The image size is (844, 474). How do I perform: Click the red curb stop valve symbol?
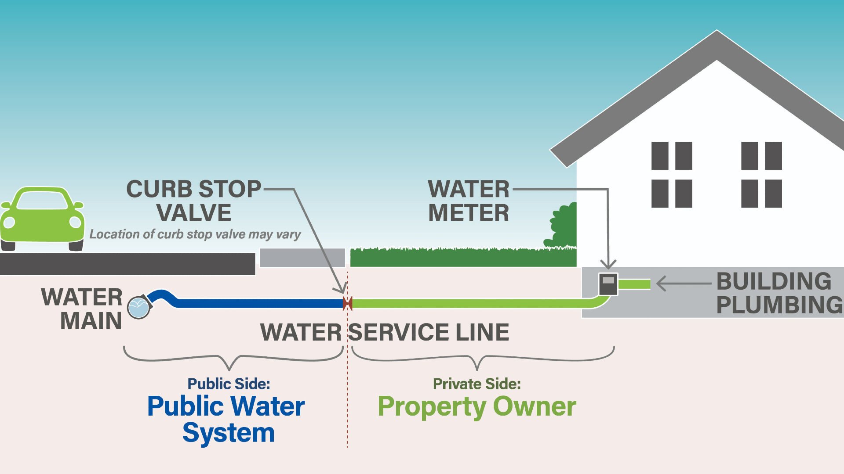pos(347,303)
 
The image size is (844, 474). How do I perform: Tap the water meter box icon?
pos(608,284)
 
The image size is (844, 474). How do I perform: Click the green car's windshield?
pos(42,201)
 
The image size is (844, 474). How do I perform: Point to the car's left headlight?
pos(9,223)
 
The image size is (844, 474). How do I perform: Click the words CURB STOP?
pos(193,189)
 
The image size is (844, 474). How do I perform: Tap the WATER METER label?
pos(469,201)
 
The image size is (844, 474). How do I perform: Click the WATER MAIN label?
pos(82,309)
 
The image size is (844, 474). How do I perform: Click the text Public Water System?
pos(226,419)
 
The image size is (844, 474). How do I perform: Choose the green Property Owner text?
pos(477,406)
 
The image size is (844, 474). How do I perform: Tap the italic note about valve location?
pos(195,234)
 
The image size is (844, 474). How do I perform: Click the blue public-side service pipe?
pos(259,303)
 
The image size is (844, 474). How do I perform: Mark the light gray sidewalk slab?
pos(302,258)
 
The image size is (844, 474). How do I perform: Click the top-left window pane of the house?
pos(659,156)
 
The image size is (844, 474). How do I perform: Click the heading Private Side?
pos(477,384)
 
